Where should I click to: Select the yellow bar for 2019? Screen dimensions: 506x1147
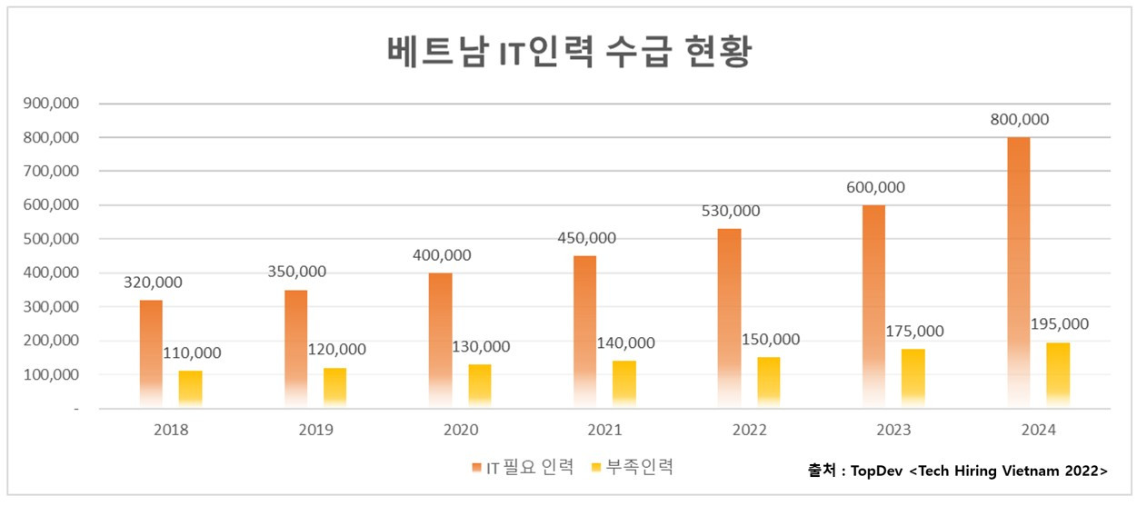click(x=334, y=387)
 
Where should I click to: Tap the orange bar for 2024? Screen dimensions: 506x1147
click(x=1019, y=273)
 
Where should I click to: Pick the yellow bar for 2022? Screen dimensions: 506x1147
click(x=769, y=382)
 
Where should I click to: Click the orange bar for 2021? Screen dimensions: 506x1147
click(x=585, y=332)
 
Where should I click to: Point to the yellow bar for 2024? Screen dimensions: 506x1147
click(x=1058, y=374)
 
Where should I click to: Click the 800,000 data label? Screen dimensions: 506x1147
click(x=1018, y=120)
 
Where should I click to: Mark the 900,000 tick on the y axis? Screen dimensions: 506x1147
click(x=52, y=104)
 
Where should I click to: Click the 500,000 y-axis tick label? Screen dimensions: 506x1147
click(x=52, y=239)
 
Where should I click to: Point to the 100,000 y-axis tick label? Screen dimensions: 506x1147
click(x=52, y=374)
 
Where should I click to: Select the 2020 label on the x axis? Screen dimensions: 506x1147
click(x=460, y=430)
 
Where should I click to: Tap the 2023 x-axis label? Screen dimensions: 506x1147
click(x=893, y=430)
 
